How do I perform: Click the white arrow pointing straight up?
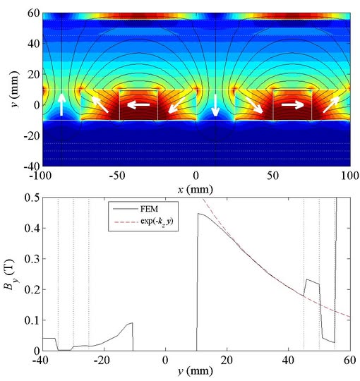pyautogui.click(x=61, y=104)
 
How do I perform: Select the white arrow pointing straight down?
pyautogui.click(x=215, y=105)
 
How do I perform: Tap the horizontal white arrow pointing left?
pyautogui.click(x=138, y=104)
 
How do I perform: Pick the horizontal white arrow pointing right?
pyautogui.click(x=293, y=104)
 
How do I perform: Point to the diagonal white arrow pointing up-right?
pyautogui.click(x=331, y=104)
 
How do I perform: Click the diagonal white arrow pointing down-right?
pyautogui.click(x=255, y=105)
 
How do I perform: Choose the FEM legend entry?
pyautogui.click(x=136, y=209)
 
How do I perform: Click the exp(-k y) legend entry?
pyautogui.click(x=143, y=222)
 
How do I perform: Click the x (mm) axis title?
pyautogui.click(x=195, y=190)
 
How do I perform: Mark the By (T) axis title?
pyautogui.click(x=9, y=276)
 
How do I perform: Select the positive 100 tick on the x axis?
pyautogui.click(x=350, y=176)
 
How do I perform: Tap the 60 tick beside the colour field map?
pyautogui.click(x=33, y=13)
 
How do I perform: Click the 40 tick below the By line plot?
pyautogui.click(x=289, y=361)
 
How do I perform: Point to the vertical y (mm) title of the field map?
pyautogui.click(x=15, y=90)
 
